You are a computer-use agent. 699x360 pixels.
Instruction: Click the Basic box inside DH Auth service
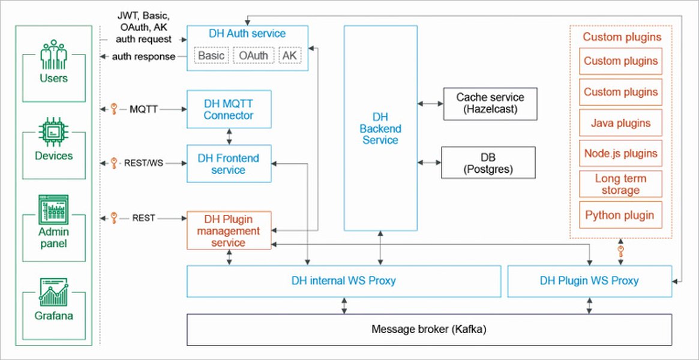pos(211,56)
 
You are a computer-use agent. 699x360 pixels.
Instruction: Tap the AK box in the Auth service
pos(290,56)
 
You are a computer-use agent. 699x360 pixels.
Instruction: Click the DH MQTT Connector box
pos(229,109)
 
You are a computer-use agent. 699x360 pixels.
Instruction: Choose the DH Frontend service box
pos(229,164)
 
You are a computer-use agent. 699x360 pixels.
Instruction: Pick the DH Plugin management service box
pos(229,230)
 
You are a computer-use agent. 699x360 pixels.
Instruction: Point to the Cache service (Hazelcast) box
pos(490,103)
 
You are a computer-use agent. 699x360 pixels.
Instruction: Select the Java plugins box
pos(620,123)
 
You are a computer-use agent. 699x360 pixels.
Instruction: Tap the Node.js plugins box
pos(620,154)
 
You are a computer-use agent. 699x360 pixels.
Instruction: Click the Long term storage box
pos(620,184)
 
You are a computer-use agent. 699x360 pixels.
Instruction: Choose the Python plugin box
pos(620,215)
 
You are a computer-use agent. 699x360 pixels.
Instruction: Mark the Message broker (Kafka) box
pos(429,329)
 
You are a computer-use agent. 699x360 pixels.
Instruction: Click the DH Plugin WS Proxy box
pos(589,281)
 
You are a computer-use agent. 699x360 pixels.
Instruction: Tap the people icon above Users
pos(54,55)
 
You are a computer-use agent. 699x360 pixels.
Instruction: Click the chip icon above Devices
pos(54,133)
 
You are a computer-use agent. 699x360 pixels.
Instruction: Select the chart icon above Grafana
pos(54,292)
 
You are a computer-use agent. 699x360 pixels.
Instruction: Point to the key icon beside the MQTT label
pos(113,109)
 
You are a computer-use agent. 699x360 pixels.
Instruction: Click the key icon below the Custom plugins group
pos(621,251)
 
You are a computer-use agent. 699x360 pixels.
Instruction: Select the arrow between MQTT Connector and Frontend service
pos(229,136)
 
